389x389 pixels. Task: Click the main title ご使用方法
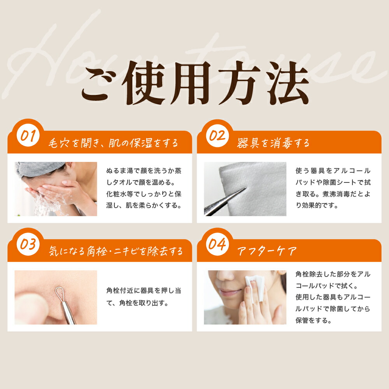pyautogui.click(x=195, y=83)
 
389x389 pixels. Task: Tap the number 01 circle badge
pyautogui.click(x=28, y=135)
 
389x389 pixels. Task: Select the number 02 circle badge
pyautogui.click(x=217, y=135)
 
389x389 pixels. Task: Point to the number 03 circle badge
pyautogui.click(x=28, y=244)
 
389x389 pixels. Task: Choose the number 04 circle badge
pyautogui.click(x=217, y=244)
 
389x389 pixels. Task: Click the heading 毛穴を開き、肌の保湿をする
pyautogui.click(x=113, y=143)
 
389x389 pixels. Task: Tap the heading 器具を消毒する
pyautogui.click(x=273, y=143)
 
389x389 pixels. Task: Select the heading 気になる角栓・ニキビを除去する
pyautogui.click(x=116, y=251)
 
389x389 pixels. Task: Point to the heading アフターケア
pyautogui.click(x=267, y=251)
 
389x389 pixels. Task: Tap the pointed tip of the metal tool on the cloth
pyautogui.click(x=245, y=188)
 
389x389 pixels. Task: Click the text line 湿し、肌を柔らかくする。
pyautogui.click(x=144, y=205)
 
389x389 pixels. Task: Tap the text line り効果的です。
pyautogui.click(x=317, y=205)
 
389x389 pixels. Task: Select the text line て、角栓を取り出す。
pyautogui.click(x=137, y=303)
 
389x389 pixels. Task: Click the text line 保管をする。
pyautogui.click(x=314, y=320)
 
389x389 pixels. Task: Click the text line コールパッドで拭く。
pyautogui.click(x=327, y=286)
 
